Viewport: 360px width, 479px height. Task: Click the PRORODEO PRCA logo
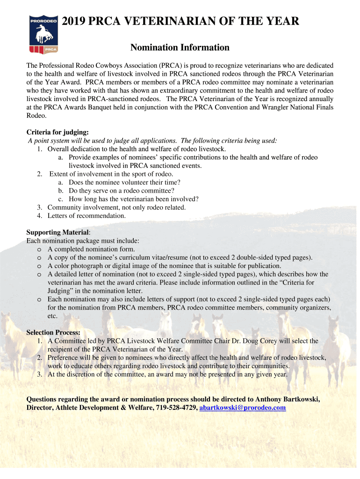[x=44, y=33]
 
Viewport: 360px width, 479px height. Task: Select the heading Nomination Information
[x=180, y=48]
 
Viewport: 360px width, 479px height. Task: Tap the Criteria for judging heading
[x=57, y=132]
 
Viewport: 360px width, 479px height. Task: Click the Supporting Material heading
[x=57, y=232]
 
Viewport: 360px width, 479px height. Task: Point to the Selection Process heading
[x=53, y=333]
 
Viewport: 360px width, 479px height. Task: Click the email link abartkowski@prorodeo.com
[x=242, y=408]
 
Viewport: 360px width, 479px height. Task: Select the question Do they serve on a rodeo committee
[x=122, y=191]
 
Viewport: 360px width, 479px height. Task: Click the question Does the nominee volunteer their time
[x=124, y=182]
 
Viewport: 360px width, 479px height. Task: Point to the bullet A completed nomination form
[x=91, y=249]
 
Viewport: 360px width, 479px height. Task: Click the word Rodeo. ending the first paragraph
[x=36, y=116]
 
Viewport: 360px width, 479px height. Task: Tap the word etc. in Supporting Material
[x=53, y=316]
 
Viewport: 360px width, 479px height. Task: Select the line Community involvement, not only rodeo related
[x=116, y=208]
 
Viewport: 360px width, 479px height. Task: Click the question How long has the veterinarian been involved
[x=133, y=199]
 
